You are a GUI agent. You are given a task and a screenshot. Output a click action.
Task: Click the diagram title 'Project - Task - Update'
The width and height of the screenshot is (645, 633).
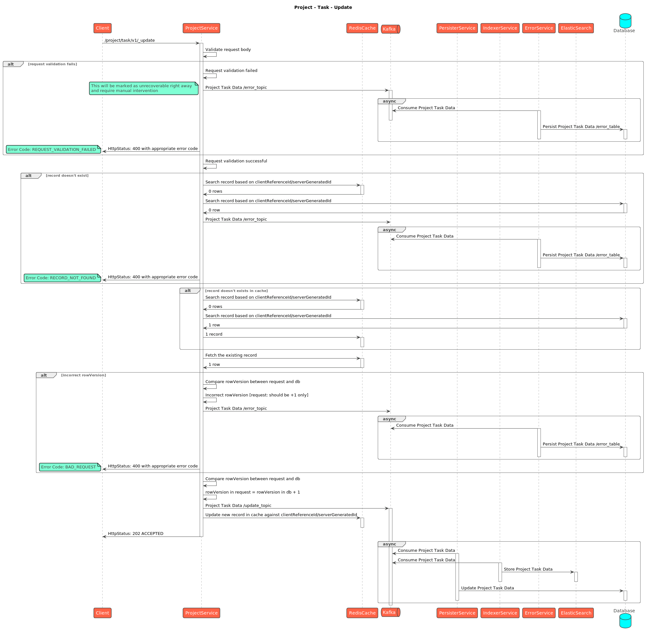[323, 7]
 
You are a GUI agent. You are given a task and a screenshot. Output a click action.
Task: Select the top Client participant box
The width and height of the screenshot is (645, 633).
[103, 28]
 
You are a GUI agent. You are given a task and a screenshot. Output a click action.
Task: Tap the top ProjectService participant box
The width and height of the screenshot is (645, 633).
[201, 28]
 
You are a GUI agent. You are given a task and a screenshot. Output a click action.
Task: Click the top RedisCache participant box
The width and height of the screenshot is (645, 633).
[362, 28]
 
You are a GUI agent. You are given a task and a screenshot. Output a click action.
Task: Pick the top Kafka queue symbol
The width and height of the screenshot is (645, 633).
[390, 29]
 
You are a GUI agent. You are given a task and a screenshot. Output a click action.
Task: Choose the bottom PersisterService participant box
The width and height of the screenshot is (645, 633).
[457, 613]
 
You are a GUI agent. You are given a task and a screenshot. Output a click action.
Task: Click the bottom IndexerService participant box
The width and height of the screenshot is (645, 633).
[500, 613]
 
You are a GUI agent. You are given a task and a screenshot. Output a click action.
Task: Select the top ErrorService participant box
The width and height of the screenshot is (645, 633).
[539, 28]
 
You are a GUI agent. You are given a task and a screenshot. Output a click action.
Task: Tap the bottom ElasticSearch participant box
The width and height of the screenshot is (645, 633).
[576, 613]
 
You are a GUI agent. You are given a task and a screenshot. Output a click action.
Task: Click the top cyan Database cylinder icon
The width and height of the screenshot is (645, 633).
[625, 21]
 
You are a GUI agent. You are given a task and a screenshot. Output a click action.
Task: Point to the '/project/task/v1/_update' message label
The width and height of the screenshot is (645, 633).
[129, 40]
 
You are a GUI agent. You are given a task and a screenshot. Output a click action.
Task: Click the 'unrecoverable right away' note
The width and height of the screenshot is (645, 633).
[143, 89]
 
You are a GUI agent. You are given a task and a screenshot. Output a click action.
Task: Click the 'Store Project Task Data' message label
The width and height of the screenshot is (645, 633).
[528, 570]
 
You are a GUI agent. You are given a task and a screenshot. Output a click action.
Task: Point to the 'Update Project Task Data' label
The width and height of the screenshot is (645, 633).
[487, 588]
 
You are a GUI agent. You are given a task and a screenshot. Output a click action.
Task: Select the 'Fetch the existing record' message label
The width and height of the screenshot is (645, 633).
[231, 355]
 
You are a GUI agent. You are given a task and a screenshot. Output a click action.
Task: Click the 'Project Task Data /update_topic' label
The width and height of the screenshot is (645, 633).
[238, 506]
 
